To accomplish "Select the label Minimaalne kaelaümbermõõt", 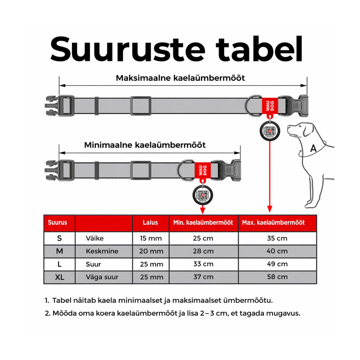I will tap(145, 145).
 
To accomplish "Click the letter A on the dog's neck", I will tap(313, 149).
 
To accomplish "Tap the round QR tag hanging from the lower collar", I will tap(201, 195).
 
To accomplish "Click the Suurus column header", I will tap(57, 223).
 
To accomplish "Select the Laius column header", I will tap(151, 223).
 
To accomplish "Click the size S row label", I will tap(59, 239).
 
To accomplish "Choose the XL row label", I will tap(59, 277).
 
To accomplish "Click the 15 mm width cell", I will tap(151, 239).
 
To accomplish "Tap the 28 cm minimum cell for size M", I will tap(203, 251).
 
